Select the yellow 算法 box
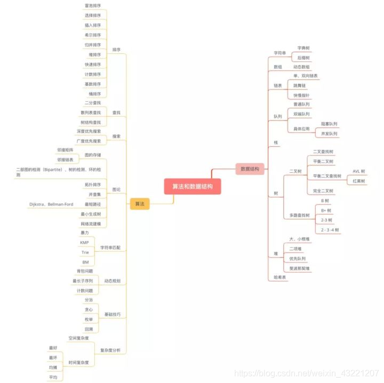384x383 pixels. tap(140, 204)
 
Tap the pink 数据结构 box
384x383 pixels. tap(250, 169)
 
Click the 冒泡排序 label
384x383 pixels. tap(92, 6)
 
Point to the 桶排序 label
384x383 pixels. tap(95, 94)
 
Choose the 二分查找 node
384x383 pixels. tap(92, 103)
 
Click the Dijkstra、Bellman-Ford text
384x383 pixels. tap(51, 204)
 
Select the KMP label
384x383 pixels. tap(84, 243)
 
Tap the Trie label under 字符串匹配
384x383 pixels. tap(85, 252)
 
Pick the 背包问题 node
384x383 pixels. tap(84, 271)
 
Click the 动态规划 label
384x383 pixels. tap(112, 281)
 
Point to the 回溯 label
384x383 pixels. tap(89, 329)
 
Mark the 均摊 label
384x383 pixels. tap(53, 368)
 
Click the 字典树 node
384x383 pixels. tap(303, 48)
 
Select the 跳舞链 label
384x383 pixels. tap(300, 85)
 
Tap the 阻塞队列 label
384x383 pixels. tap(329, 124)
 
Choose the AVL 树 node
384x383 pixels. tap(359, 171)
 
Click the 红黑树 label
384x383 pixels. tap(358, 181)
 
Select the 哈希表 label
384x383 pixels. tap(280, 277)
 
